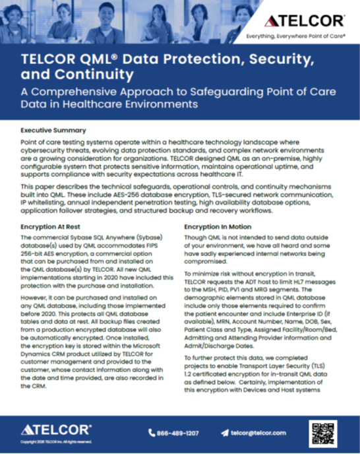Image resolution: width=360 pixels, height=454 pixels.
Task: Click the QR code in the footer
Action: pyautogui.click(x=323, y=432)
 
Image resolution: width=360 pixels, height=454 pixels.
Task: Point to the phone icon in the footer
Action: pyautogui.click(x=153, y=433)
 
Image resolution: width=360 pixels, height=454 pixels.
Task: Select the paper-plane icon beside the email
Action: pyautogui.click(x=224, y=433)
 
